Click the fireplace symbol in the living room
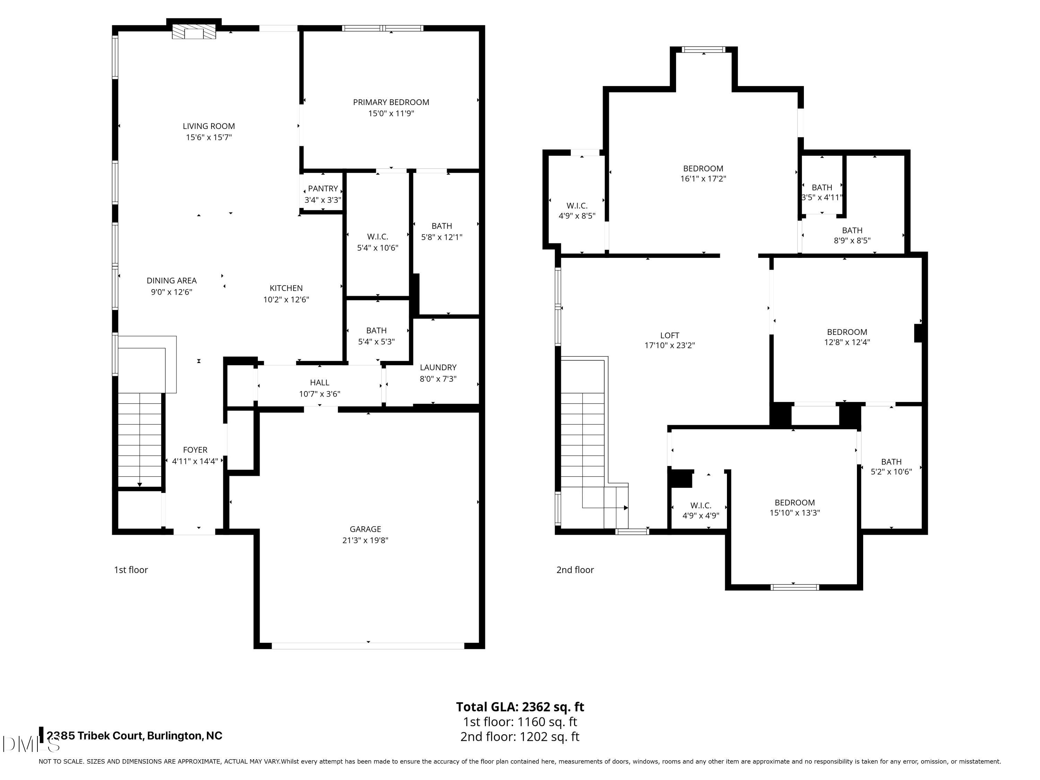coord(194,32)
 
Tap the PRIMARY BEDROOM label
coord(391,102)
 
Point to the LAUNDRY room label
coord(438,367)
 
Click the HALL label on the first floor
coord(319,382)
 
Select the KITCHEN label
coord(286,288)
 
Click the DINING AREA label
coord(171,280)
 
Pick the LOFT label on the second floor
coord(669,335)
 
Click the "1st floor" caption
coord(131,570)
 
